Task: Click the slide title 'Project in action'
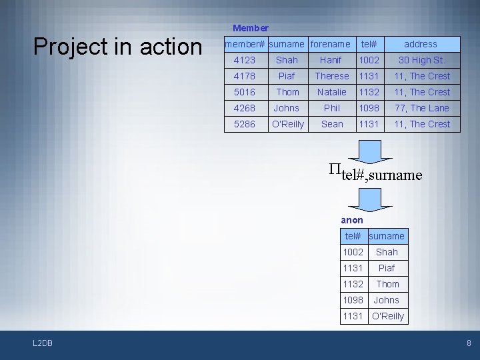[x=117, y=47]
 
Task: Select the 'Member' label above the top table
[x=251, y=28]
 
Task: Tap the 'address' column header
[x=421, y=44]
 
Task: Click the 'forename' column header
[x=331, y=44]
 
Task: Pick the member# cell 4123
[x=245, y=60]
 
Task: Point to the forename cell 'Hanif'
[x=331, y=60]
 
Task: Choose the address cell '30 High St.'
[x=421, y=60]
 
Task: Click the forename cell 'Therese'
[x=331, y=76]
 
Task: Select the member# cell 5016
[x=245, y=92]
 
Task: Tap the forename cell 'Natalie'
[x=331, y=92]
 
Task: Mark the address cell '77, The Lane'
[x=421, y=108]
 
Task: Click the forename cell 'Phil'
[x=331, y=108]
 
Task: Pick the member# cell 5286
[x=245, y=124]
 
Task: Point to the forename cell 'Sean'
[x=331, y=124]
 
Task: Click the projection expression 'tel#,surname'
[x=376, y=174]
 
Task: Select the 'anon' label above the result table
[x=352, y=220]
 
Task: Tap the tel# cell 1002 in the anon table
[x=353, y=252]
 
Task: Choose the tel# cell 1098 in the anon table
[x=353, y=300]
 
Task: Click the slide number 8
[x=469, y=343]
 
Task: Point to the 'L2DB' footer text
[x=43, y=343]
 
